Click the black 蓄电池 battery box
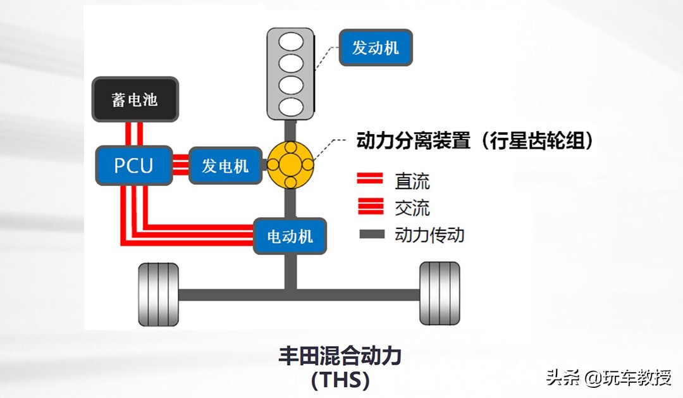(135, 99)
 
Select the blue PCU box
(133, 166)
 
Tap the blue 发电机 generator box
(225, 166)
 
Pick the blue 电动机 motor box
(290, 236)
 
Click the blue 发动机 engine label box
(376, 47)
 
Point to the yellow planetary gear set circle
(290, 165)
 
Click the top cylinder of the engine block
(290, 42)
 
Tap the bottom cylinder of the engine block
(290, 106)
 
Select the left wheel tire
(159, 294)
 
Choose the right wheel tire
(440, 294)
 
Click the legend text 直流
(412, 182)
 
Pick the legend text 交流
(412, 208)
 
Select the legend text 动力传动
(429, 235)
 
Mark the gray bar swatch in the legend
(371, 235)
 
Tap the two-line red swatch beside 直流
(370, 180)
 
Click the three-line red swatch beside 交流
(370, 207)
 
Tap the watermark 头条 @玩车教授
(608, 378)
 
